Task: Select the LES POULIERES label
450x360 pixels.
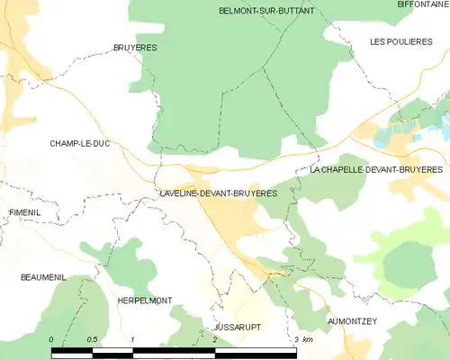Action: click(401, 42)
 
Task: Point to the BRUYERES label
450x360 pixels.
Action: click(135, 47)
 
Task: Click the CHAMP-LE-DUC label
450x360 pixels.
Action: click(79, 143)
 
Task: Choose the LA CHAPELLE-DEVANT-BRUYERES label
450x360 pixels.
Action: click(376, 169)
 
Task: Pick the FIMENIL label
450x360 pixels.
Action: click(25, 211)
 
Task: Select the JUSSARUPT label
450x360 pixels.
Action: click(237, 328)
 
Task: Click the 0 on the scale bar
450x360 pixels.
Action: click(52, 339)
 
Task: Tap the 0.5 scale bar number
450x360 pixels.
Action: click(93, 339)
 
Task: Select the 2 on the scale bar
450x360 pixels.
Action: click(214, 339)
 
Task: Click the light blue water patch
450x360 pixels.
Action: click(382, 138)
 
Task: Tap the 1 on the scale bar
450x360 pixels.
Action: click(132, 339)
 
